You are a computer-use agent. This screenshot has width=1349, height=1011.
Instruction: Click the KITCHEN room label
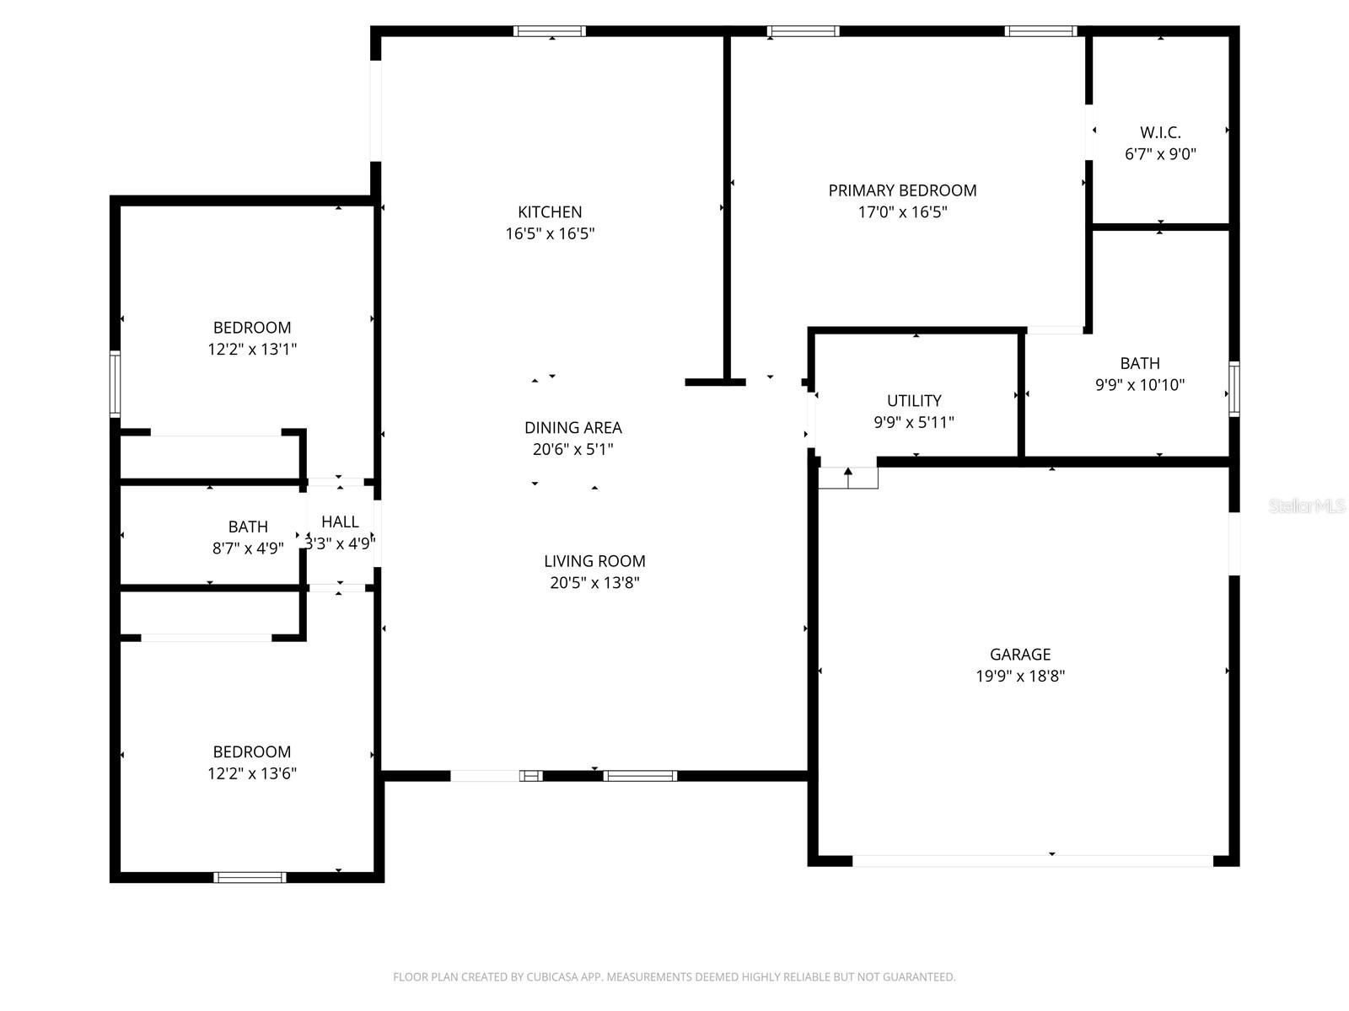(550, 211)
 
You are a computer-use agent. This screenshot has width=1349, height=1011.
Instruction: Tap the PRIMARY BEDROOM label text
(902, 190)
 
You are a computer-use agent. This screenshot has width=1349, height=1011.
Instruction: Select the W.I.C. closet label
(1160, 132)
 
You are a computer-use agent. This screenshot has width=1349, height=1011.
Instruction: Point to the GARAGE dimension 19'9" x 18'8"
(1020, 676)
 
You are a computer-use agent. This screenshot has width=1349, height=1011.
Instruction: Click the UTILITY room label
(914, 400)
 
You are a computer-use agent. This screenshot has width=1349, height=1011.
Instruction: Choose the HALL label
(340, 522)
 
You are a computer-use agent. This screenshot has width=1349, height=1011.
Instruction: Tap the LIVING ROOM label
(594, 560)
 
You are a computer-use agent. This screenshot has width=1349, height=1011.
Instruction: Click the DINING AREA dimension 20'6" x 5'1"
(572, 449)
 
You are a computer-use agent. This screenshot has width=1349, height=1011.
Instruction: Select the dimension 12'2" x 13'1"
(252, 349)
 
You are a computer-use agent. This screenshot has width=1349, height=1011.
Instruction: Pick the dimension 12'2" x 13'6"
(252, 773)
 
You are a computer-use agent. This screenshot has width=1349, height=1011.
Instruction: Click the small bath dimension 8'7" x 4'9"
(248, 548)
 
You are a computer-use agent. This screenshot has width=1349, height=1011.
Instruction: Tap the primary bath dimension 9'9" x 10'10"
(1140, 385)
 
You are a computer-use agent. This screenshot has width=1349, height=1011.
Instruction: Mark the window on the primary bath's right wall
(1233, 388)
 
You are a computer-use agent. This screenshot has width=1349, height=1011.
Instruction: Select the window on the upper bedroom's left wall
(116, 384)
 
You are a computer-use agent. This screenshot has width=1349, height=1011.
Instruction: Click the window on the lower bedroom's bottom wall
(250, 877)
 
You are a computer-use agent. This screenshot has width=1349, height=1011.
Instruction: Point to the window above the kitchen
(550, 31)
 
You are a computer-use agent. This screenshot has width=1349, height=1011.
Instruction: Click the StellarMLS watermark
(1307, 505)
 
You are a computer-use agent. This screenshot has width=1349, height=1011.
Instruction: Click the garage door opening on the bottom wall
(1033, 861)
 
